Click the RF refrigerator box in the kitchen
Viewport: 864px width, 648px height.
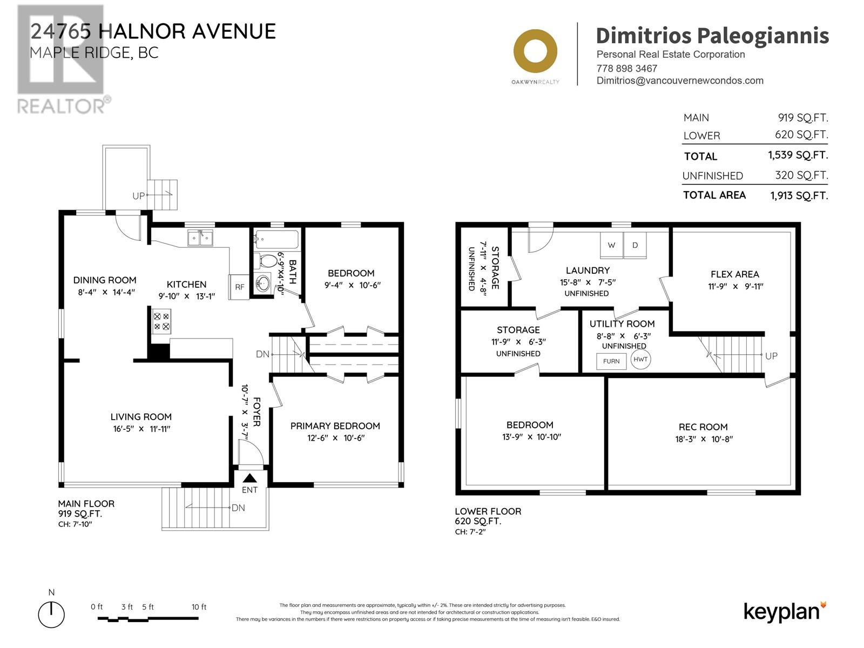tap(239, 287)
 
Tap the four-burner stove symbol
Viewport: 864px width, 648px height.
tap(161, 321)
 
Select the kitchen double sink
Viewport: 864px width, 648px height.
tap(200, 238)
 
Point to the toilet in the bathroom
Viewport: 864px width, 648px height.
tap(266, 260)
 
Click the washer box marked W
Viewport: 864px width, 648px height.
tap(611, 245)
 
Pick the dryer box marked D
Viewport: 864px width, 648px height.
tap(635, 245)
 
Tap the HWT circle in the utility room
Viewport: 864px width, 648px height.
tap(640, 359)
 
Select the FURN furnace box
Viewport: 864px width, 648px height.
tap(611, 361)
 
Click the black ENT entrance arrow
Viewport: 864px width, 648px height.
tap(249, 478)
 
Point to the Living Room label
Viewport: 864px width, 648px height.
tap(141, 417)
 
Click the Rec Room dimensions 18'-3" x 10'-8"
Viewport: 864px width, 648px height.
tap(704, 438)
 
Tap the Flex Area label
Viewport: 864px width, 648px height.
tap(734, 274)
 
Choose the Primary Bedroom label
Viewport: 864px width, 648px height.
tap(335, 426)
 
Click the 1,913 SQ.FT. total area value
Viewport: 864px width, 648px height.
tap(799, 195)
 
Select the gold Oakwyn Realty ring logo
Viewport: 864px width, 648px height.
tap(535, 51)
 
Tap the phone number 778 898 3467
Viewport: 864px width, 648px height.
tap(626, 69)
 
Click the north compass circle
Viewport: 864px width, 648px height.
tap(51, 615)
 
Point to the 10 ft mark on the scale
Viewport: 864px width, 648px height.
tap(199, 607)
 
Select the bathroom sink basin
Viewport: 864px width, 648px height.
tap(263, 282)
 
